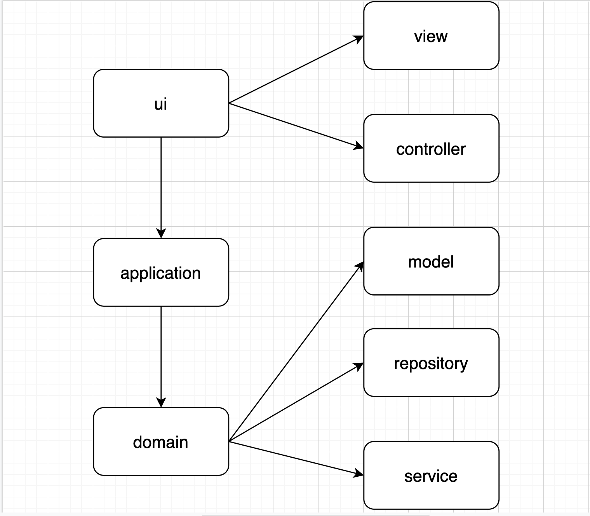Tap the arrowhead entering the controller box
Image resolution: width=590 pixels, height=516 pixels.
coord(359,147)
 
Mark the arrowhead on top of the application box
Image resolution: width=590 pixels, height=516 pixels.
coord(161,234)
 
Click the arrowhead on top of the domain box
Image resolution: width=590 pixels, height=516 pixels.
coord(161,403)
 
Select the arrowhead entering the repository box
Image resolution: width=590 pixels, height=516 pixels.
coord(359,366)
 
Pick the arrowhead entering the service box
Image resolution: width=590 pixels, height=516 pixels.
coord(359,474)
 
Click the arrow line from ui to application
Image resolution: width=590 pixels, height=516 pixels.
coord(161,183)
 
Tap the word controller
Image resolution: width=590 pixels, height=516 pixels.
coord(431,149)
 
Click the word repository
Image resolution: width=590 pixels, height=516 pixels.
coord(431,364)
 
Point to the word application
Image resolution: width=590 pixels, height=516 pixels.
coord(160,273)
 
